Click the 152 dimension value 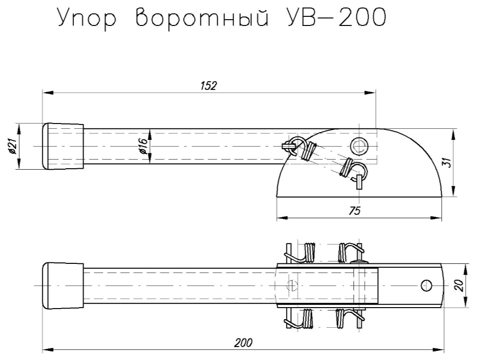(208, 86)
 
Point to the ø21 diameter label (13, 146)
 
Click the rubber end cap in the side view (62, 146)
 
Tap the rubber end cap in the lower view (62, 286)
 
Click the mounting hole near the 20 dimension (425, 286)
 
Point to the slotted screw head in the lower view (292, 285)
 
